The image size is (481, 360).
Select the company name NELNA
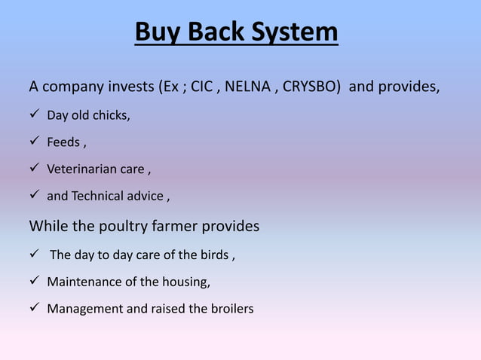[x=247, y=87]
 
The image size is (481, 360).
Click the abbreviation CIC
[x=202, y=87]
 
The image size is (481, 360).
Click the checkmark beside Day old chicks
[x=35, y=115]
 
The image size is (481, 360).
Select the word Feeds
[x=63, y=142]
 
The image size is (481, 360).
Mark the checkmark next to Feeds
[x=35, y=142]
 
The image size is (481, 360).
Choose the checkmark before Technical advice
[x=35, y=195]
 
